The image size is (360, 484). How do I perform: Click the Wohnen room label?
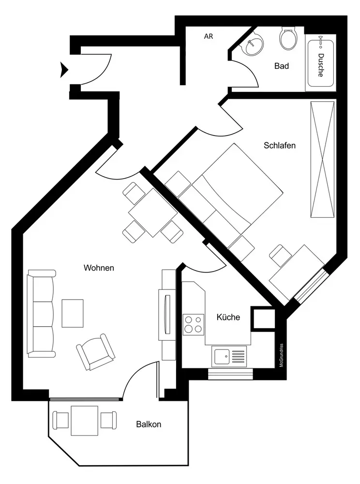(x=99, y=268)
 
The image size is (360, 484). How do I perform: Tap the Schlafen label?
(x=280, y=145)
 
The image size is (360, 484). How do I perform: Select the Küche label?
(x=228, y=318)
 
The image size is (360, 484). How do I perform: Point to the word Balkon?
(x=149, y=424)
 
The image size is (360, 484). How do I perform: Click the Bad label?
(x=281, y=66)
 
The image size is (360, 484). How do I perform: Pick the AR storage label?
(x=209, y=36)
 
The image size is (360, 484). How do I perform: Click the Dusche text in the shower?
(x=321, y=65)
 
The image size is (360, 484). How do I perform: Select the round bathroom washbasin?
(x=253, y=45)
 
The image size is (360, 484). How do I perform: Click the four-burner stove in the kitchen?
(x=194, y=324)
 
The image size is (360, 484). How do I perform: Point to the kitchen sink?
(x=229, y=357)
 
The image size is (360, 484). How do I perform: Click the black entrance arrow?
(x=64, y=70)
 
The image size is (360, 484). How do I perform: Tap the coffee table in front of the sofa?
(x=73, y=313)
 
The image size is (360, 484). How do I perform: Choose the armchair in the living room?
(x=96, y=352)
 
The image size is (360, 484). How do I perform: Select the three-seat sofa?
(x=42, y=314)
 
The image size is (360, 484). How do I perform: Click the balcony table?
(x=85, y=421)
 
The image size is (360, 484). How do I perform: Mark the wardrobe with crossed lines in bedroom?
(x=322, y=159)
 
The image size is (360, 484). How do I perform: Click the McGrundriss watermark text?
(x=281, y=355)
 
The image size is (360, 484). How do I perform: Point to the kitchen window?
(x=230, y=374)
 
